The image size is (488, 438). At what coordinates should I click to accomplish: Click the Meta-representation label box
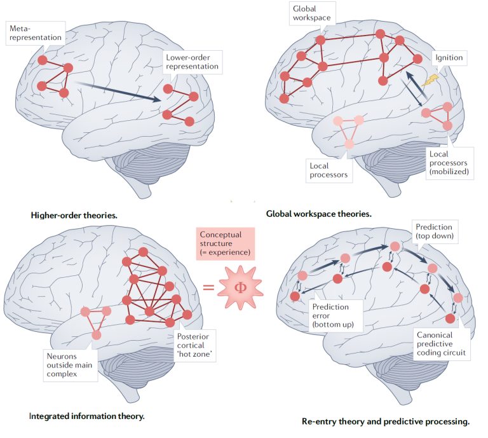click(36, 32)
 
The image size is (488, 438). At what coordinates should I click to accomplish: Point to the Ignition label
click(449, 58)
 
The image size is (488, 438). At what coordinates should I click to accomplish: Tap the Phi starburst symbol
click(240, 287)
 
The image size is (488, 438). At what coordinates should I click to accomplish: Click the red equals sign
click(208, 287)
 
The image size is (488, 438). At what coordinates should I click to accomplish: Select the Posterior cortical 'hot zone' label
click(194, 345)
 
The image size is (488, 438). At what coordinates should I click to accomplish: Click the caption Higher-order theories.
click(74, 215)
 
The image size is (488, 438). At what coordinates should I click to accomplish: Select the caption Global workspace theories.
click(318, 214)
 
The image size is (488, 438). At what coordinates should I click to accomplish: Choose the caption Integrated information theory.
click(86, 416)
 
